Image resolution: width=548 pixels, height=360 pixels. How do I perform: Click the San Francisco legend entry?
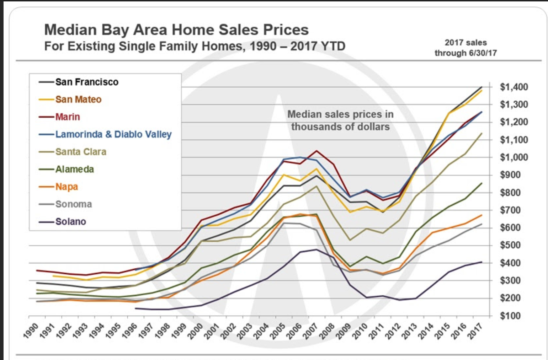pyautogui.click(x=87, y=82)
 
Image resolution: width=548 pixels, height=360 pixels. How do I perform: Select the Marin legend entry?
pyautogui.click(x=68, y=117)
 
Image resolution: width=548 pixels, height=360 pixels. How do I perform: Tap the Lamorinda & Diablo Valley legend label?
pyautogui.click(x=113, y=134)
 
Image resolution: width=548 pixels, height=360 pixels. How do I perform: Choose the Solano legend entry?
pyautogui.click(x=70, y=222)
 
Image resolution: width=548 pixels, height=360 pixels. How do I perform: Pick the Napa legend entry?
pyautogui.click(x=66, y=187)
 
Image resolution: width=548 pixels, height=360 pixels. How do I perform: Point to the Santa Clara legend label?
pyautogui.click(x=81, y=152)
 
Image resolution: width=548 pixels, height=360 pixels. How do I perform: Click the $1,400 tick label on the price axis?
pyautogui.click(x=514, y=87)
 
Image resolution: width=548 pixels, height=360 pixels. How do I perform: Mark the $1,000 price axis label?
pyautogui.click(x=514, y=157)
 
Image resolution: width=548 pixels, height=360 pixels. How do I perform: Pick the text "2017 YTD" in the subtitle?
pyautogui.click(x=318, y=47)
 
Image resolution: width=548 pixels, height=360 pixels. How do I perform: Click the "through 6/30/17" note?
pyautogui.click(x=465, y=53)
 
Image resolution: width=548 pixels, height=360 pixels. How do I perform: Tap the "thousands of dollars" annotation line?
pyautogui.click(x=340, y=127)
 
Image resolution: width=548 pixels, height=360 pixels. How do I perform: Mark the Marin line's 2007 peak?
pyautogui.click(x=316, y=151)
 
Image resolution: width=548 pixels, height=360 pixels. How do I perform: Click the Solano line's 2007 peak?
pyautogui.click(x=316, y=249)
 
